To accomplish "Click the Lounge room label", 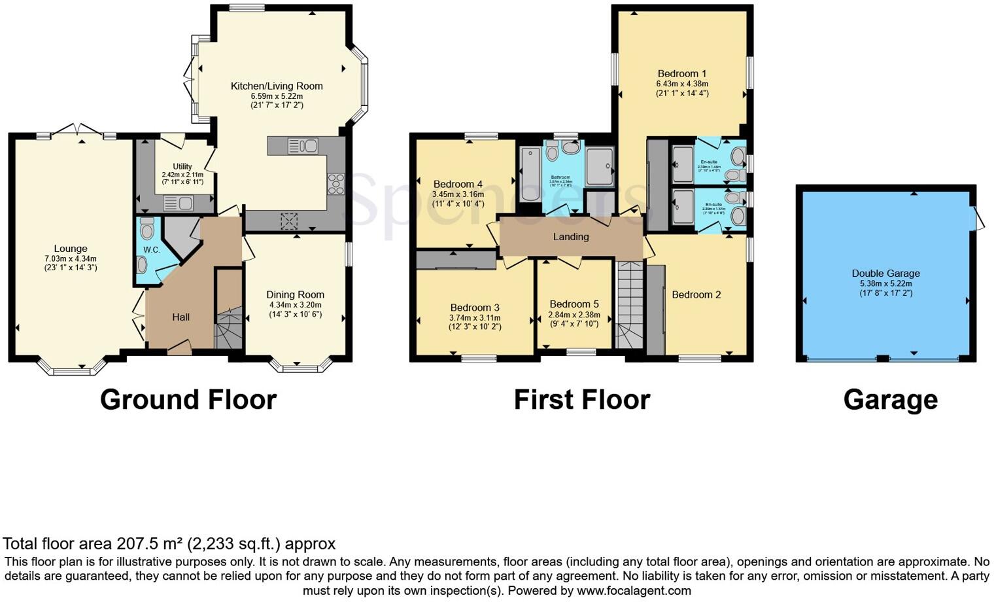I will point(71,249).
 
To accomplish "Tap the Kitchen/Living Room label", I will point(277,86).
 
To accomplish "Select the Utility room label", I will point(182,167).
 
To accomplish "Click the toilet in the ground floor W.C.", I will point(146,229).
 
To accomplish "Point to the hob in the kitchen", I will point(335,183).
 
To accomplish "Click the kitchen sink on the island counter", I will point(302,146).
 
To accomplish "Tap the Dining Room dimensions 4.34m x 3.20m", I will point(295,305).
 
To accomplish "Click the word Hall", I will point(181,317).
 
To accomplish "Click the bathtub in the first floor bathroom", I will point(530,174).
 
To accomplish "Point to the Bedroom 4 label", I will point(458,184).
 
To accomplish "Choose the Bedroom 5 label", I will point(574,304).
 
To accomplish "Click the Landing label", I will point(571,237).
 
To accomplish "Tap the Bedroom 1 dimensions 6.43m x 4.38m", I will point(682,84).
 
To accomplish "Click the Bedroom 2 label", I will point(696,294).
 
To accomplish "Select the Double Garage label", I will point(885,274).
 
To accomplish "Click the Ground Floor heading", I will point(188,400).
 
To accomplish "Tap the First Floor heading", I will point(582,400).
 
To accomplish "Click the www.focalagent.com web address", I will point(633,591).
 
